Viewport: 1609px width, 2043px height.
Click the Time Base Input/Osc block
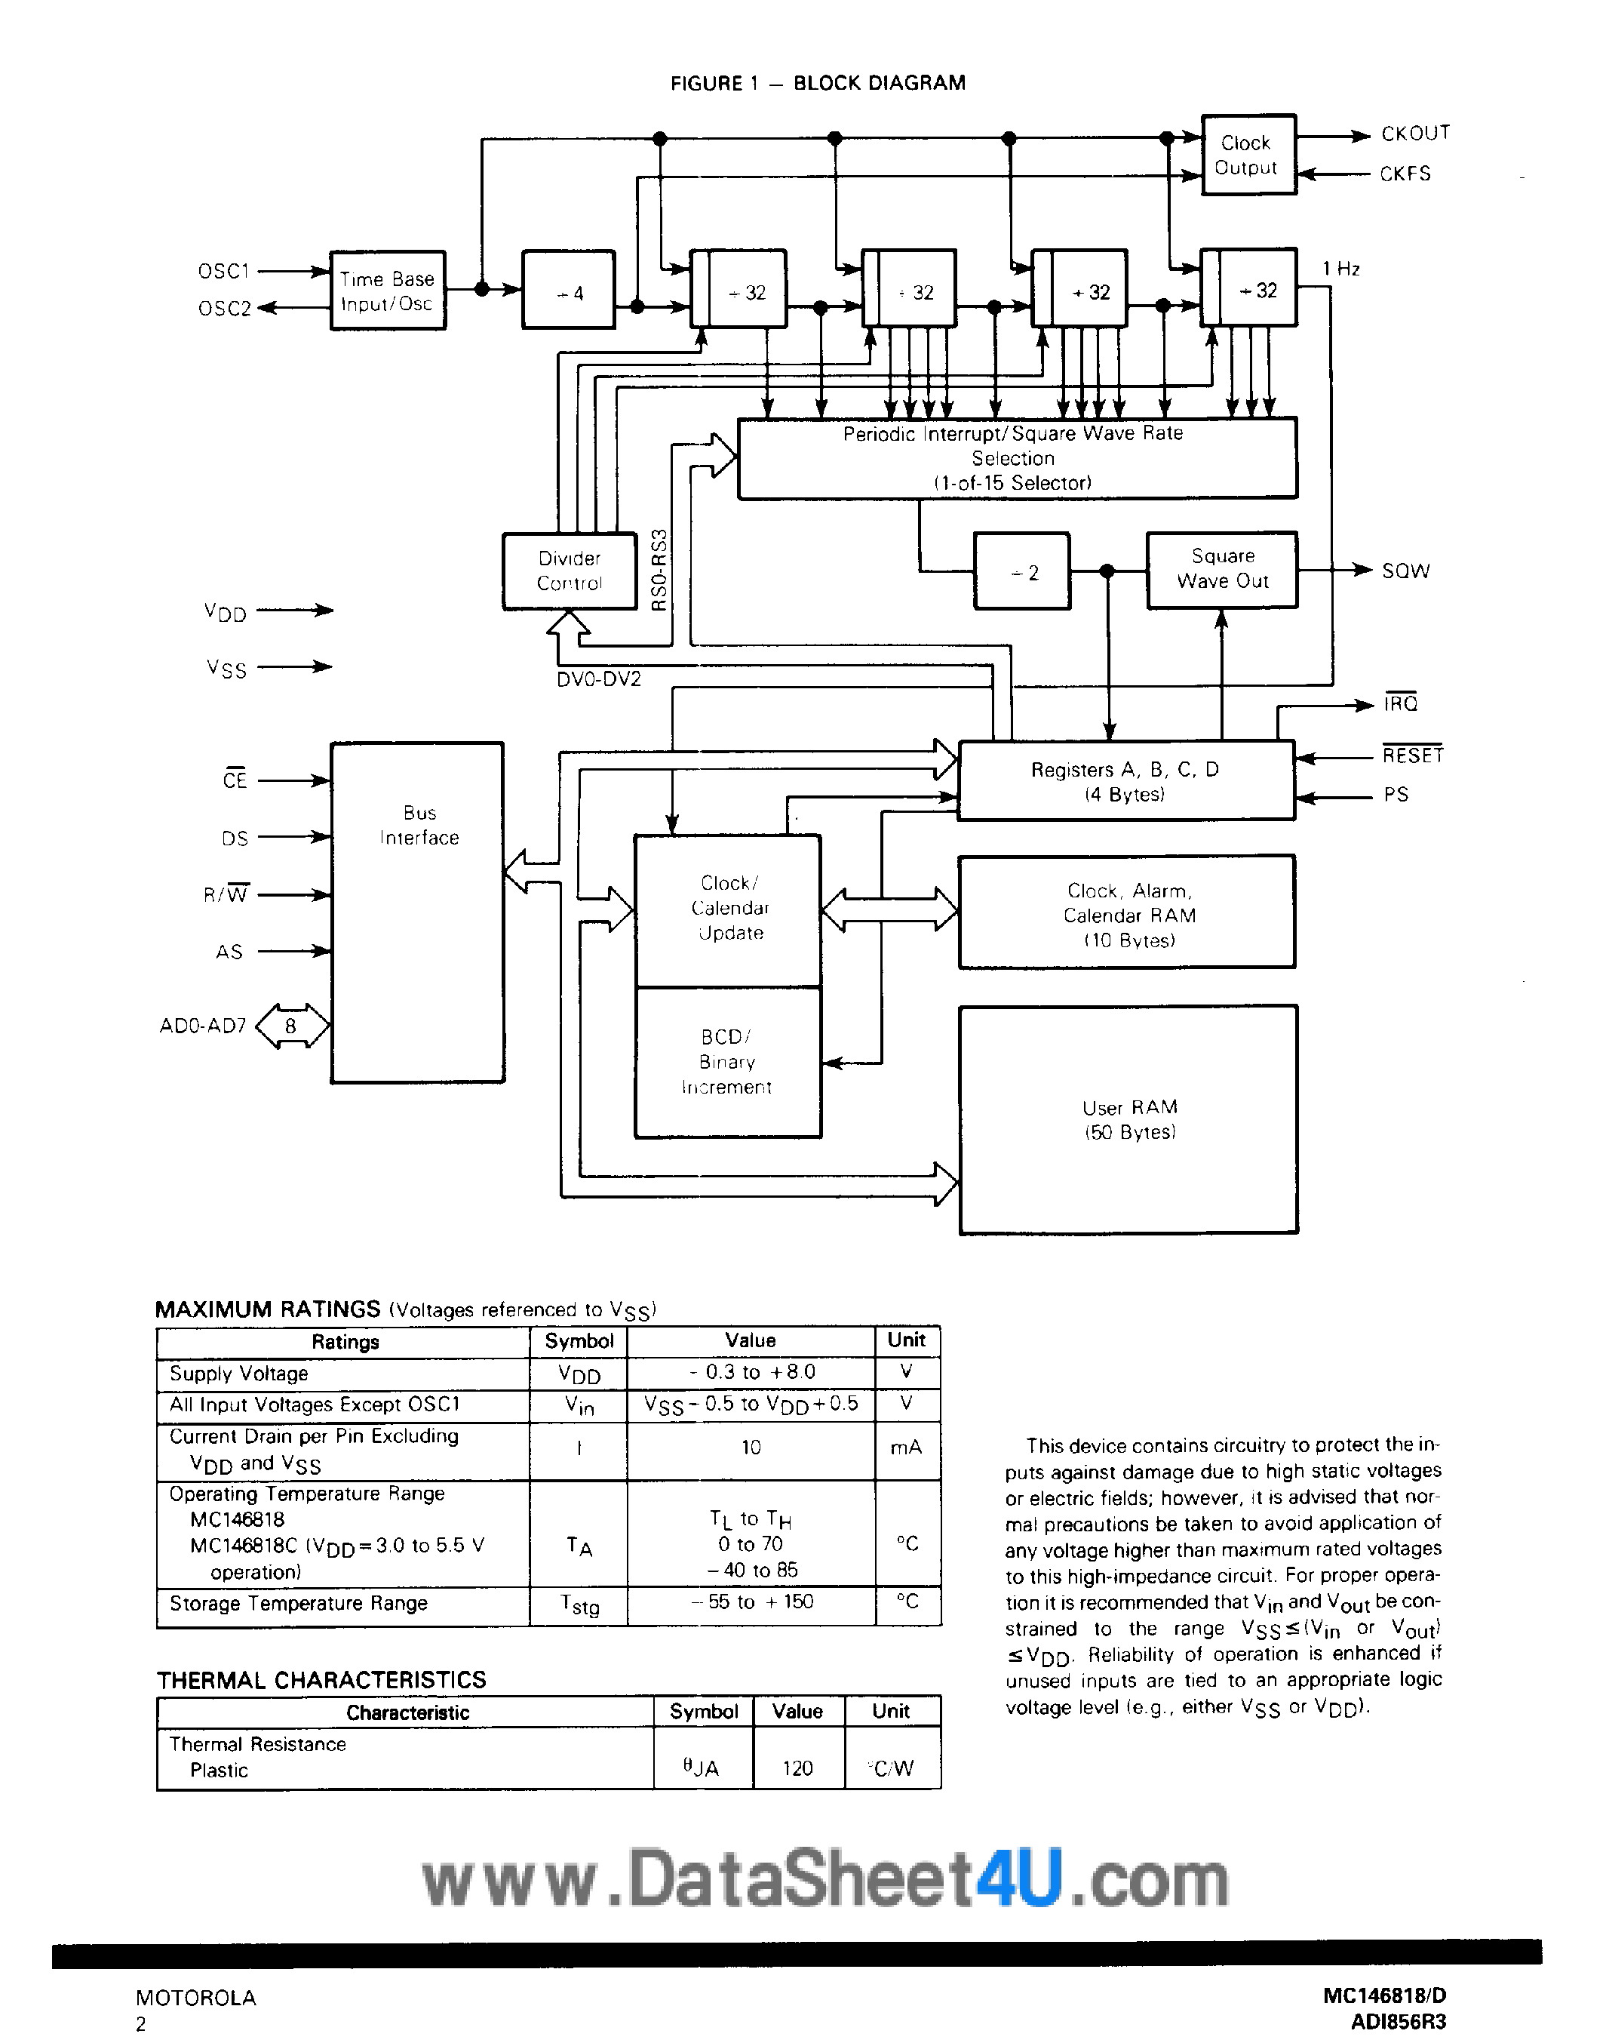tap(387, 291)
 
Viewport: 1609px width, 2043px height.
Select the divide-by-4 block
tap(568, 291)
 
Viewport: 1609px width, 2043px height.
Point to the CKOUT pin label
tap(1415, 134)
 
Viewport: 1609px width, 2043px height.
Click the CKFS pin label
tap(1405, 174)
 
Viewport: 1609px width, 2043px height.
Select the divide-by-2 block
tap(1021, 572)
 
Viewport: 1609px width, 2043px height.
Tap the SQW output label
tap(1405, 571)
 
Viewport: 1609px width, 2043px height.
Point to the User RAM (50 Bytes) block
tap(1128, 1119)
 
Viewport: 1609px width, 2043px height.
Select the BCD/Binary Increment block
tap(727, 1062)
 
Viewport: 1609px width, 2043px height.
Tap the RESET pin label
tap(1412, 755)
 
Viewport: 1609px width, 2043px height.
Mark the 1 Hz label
tap(1340, 269)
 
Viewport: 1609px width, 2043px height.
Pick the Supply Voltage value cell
tap(750, 1373)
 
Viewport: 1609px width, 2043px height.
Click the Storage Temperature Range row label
tap(299, 1604)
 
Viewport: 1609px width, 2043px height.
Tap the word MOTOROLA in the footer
tap(196, 1998)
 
